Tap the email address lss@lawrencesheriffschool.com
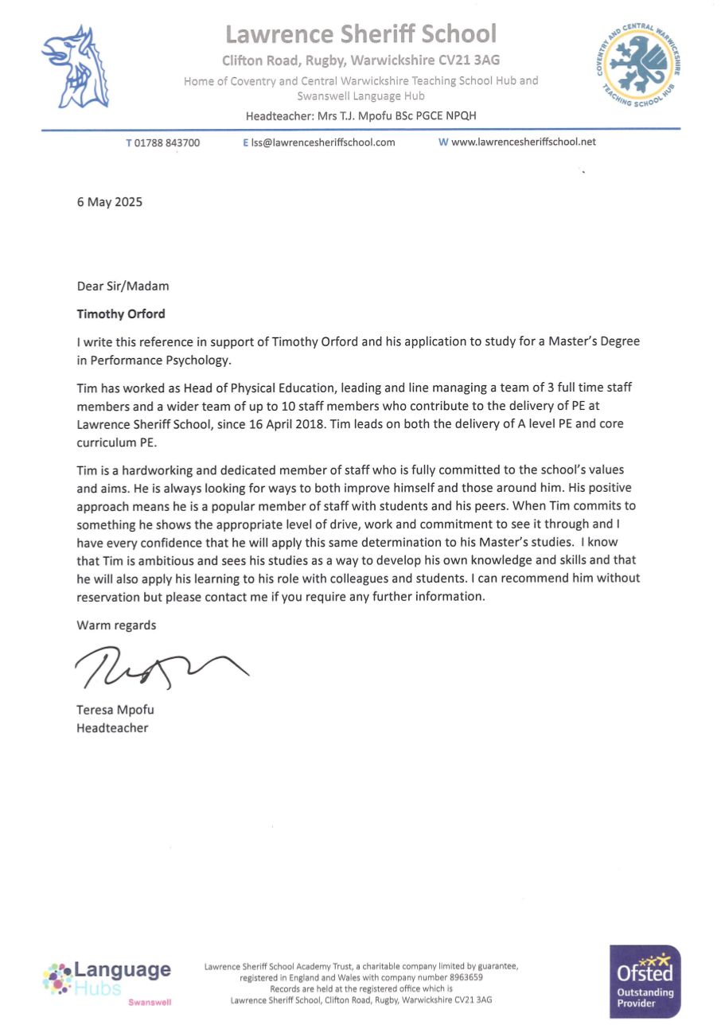coord(323,143)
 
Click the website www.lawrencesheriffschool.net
coord(523,142)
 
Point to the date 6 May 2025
coord(110,202)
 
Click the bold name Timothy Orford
coord(121,314)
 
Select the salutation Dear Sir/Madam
coord(123,286)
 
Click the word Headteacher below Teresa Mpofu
coord(112,727)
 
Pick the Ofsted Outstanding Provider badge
coord(645,980)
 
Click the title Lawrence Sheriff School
coord(360,34)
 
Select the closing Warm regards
coord(116,625)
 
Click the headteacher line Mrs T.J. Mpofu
coord(360,115)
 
